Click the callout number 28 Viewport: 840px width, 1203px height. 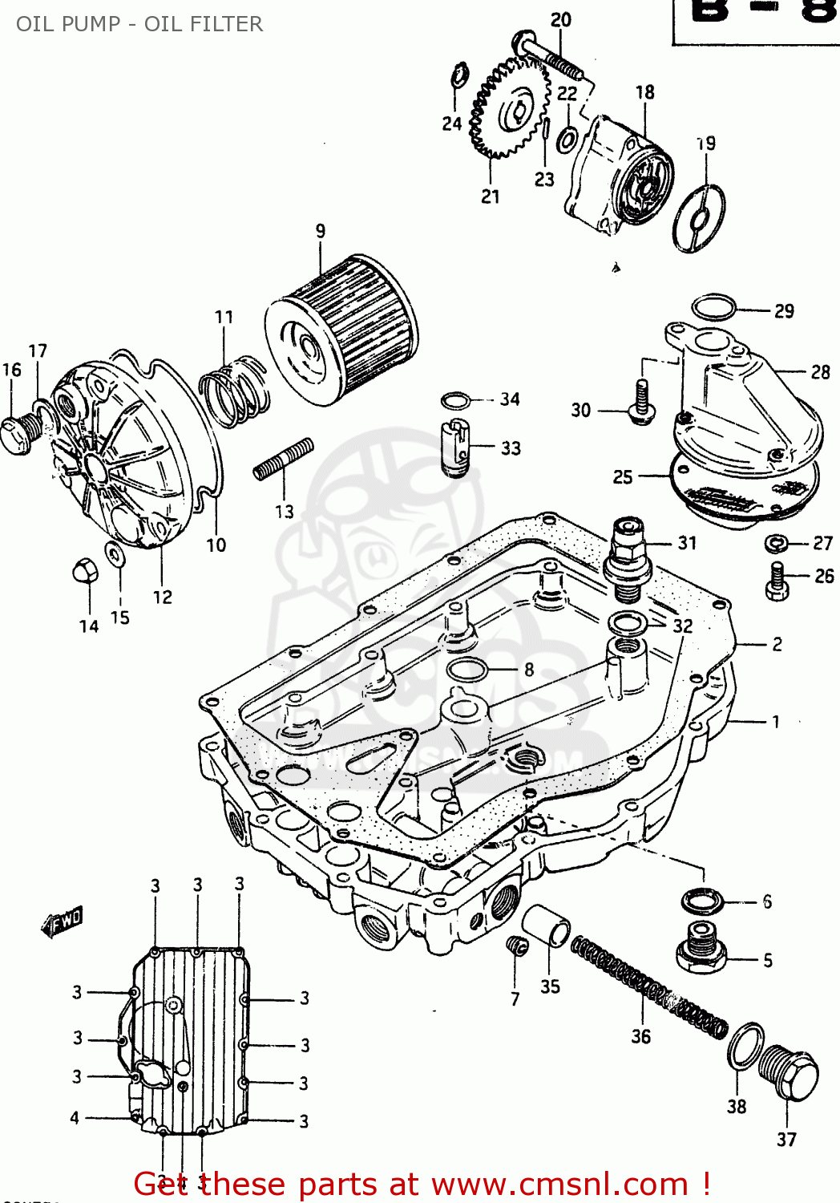(820, 372)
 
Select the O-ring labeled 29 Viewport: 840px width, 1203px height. (713, 307)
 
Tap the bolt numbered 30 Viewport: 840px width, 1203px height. (642, 402)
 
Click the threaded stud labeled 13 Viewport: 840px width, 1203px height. (283, 460)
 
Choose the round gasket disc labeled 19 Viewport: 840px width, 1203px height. (699, 218)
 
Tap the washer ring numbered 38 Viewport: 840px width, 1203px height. (746, 1046)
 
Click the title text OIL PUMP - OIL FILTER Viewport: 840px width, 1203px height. (139, 24)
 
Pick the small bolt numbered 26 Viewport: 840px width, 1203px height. (777, 581)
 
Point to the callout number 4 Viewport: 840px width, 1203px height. (75, 1117)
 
